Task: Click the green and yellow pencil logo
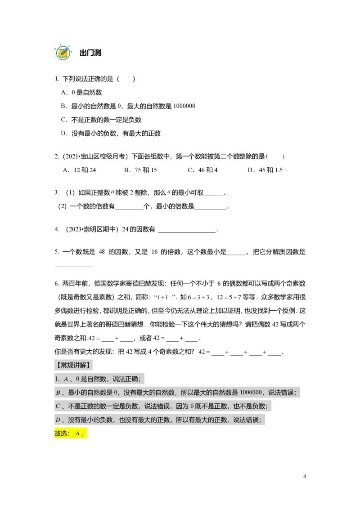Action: point(63,52)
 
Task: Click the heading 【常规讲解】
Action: point(74,365)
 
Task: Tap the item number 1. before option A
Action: point(57,379)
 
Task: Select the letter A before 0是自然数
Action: point(66,379)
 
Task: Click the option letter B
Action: point(58,393)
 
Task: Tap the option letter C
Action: point(58,406)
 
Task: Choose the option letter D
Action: point(58,420)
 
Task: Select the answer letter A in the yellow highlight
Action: point(77,433)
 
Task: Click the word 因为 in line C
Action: point(181,406)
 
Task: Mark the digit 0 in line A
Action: point(77,379)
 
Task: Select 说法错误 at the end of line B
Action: point(282,393)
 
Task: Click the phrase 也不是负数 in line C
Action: point(249,406)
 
